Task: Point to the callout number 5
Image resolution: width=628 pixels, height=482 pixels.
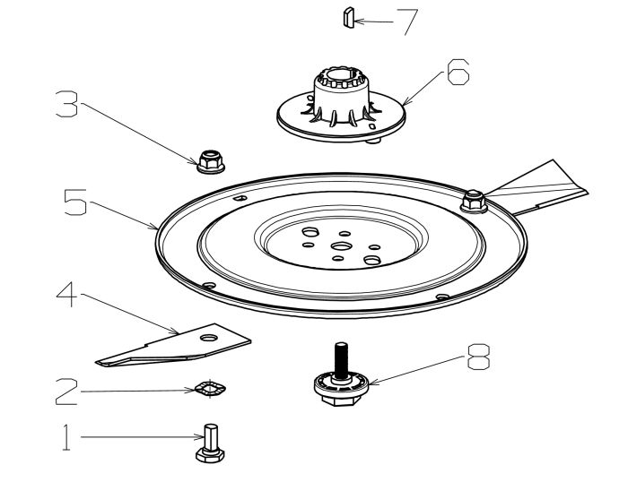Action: pos(74,202)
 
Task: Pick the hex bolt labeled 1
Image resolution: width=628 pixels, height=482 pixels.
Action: pos(208,443)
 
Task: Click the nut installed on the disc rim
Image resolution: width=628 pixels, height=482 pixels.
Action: pos(473,200)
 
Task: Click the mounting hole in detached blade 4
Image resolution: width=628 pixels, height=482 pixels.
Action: pos(208,338)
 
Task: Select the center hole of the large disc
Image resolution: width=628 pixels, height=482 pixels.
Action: pos(341,245)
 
